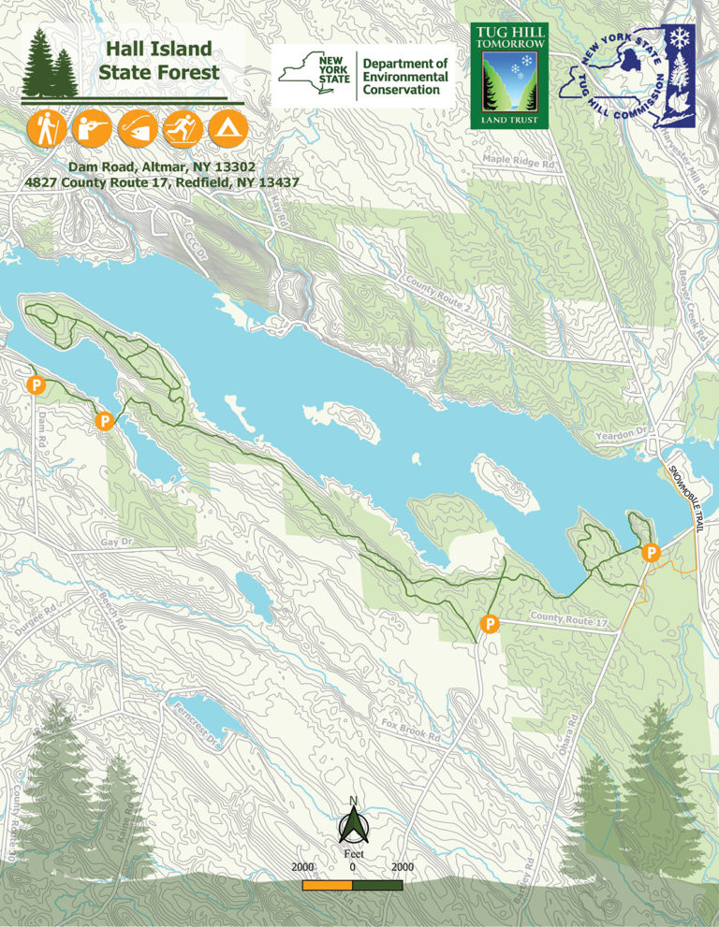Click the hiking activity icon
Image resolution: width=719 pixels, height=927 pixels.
click(45, 128)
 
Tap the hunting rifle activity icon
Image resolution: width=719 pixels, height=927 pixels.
click(91, 128)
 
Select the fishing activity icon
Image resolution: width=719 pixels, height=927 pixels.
click(137, 128)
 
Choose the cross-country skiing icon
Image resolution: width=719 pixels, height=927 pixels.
click(183, 128)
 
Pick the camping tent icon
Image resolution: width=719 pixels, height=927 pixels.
click(227, 128)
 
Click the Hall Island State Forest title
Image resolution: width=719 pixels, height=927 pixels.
click(159, 60)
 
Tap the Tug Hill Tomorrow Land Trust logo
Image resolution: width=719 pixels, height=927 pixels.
click(508, 75)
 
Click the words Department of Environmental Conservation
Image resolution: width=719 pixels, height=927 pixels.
click(405, 77)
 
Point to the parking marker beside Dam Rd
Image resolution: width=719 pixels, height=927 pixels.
click(36, 384)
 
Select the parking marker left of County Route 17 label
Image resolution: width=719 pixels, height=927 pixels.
click(489, 623)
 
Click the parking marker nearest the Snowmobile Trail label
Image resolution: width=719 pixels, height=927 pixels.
click(650, 554)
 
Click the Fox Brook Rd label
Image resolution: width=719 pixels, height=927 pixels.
click(410, 731)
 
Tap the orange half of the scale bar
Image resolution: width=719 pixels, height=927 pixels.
click(327, 884)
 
